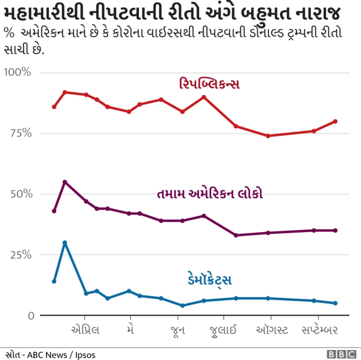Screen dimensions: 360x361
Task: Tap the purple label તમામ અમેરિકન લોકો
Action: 210,194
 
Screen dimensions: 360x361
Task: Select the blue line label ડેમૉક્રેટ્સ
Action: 209,279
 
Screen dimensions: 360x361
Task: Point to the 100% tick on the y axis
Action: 18,73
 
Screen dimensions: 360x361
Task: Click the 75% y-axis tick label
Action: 20,134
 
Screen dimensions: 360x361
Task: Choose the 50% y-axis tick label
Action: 20,194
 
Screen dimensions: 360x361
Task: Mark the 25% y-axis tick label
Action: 20,255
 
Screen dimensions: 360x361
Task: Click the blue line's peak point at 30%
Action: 65,243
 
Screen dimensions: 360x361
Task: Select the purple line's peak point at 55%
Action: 65,182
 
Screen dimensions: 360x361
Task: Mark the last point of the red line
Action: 336,121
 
